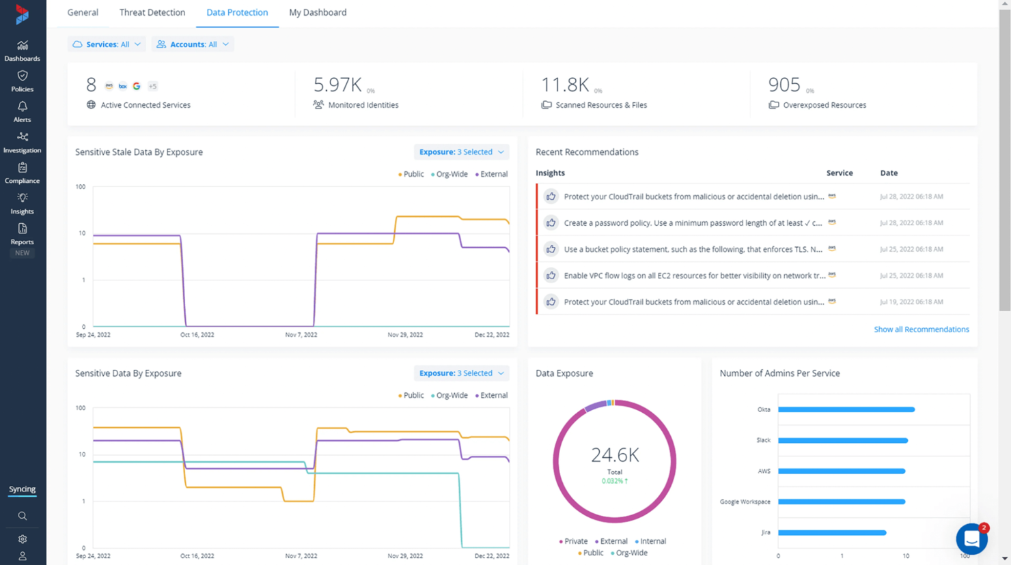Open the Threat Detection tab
pos(152,12)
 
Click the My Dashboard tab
pos(318,12)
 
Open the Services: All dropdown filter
pos(107,44)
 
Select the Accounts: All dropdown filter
pos(193,44)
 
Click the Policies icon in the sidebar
pos(22,81)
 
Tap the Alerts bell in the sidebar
pos(22,111)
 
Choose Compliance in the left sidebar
pos(22,173)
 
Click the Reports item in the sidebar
pos(22,234)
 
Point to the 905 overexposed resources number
pos(784,85)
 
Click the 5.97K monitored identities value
pos(337,85)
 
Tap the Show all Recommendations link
pos(921,330)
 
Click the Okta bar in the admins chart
pos(846,409)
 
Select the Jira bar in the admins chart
pos(831,532)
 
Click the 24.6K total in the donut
pos(614,455)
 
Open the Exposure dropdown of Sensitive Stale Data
pos(461,152)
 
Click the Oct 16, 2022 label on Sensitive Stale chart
pos(197,335)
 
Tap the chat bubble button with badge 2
pos(971,539)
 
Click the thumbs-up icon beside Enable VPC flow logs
pos(551,276)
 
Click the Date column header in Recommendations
pos(889,173)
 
